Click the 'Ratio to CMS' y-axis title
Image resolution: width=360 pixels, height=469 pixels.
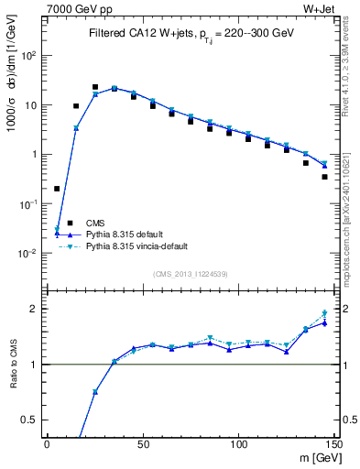(x=12, y=365)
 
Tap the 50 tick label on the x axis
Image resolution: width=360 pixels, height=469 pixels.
(x=142, y=444)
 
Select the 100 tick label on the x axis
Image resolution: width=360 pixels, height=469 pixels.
(x=238, y=444)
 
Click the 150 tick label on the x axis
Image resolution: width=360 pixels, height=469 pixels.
(x=333, y=444)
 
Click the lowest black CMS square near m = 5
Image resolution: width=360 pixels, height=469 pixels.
(x=57, y=189)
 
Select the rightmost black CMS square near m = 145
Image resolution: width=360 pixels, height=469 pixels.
(x=324, y=177)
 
